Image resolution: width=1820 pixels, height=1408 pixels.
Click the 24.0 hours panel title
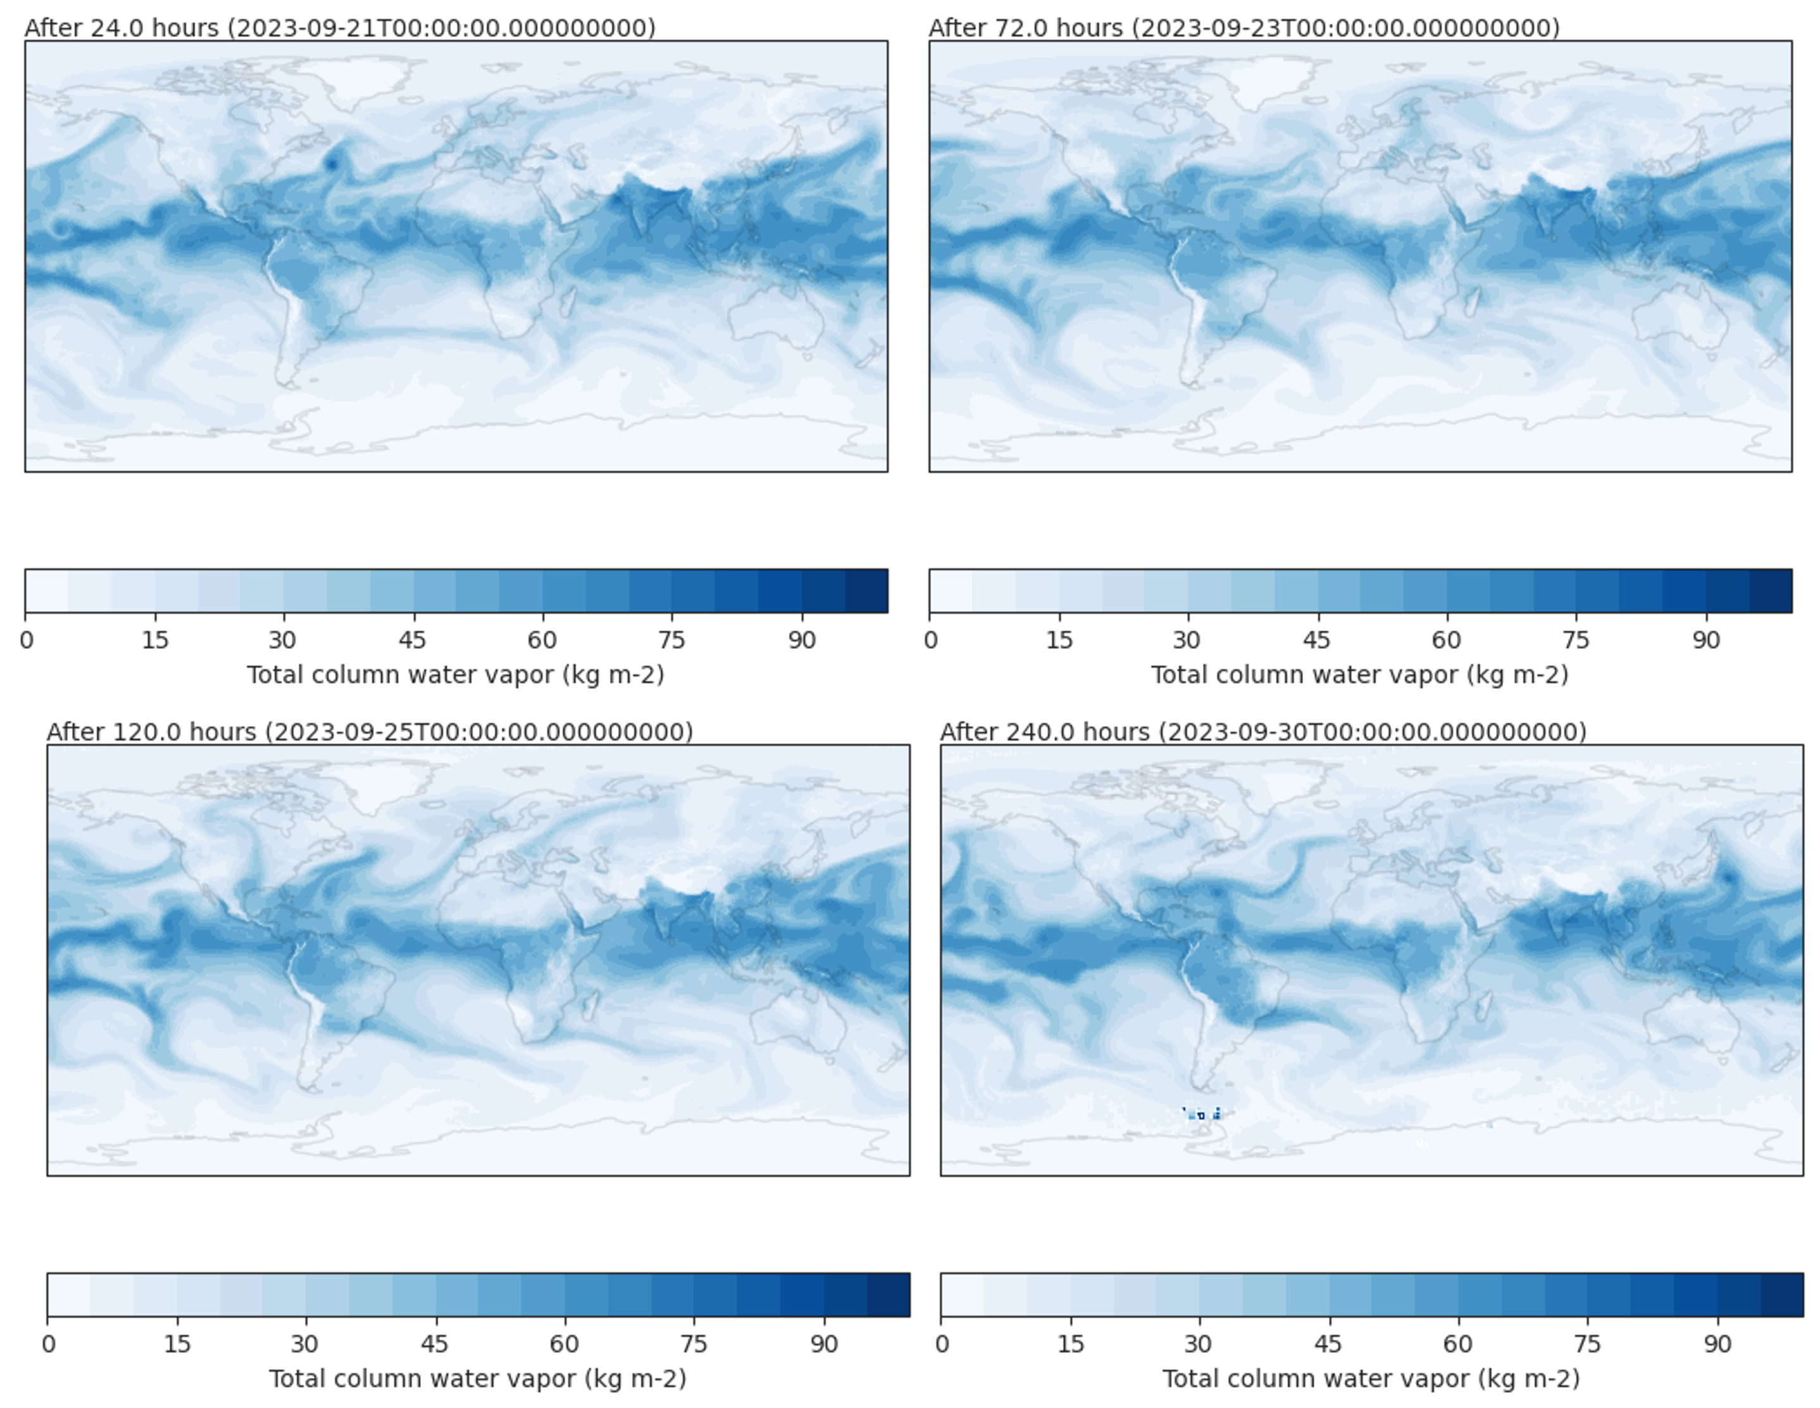340,27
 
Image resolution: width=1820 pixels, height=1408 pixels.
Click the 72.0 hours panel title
1244,27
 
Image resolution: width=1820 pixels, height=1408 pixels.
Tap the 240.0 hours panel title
1263,731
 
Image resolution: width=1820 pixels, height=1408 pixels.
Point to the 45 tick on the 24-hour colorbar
413,640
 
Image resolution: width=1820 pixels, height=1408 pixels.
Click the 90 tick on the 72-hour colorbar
1706,640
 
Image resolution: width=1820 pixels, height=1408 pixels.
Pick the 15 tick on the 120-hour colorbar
177,1344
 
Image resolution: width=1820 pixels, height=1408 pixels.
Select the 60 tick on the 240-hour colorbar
1458,1344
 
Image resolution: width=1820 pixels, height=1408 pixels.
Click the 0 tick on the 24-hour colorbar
27,640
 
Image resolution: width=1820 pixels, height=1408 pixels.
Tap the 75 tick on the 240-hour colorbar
1588,1344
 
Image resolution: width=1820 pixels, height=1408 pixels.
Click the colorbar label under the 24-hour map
456,675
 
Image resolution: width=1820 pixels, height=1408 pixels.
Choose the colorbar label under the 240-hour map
1371,1379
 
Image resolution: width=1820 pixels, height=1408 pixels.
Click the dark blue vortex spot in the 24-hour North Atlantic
332,163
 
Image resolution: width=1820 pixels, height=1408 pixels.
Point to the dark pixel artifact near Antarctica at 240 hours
1202,1114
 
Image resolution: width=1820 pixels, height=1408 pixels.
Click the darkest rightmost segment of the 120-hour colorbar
888,1295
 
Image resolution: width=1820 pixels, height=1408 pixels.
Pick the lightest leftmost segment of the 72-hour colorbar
951,591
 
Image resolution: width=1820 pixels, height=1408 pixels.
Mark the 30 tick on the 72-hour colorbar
1188,640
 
